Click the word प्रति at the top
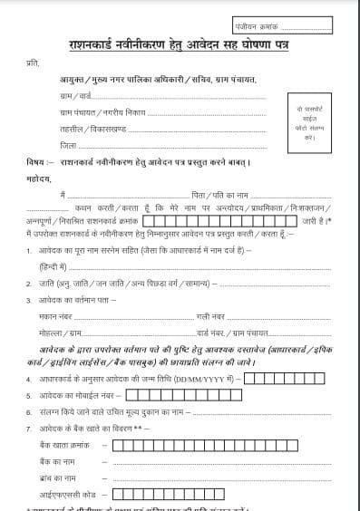pyautogui.click(x=34, y=64)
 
